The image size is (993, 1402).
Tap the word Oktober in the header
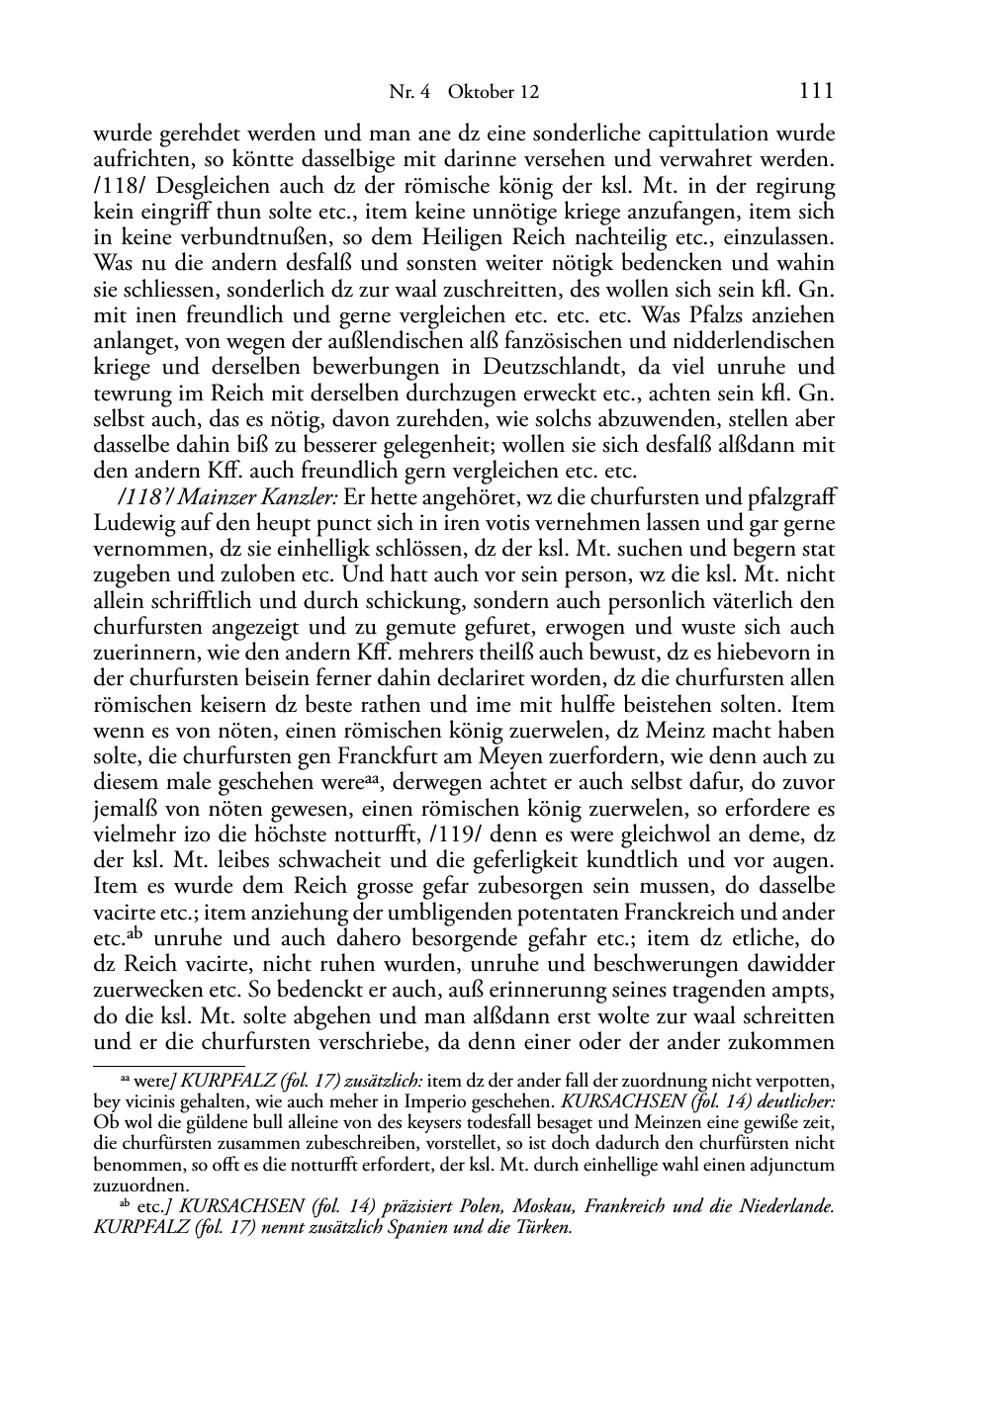coord(480,92)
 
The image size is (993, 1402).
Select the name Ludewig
coord(136,523)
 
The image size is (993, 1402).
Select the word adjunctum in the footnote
coord(790,1165)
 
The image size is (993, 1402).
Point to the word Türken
coord(543,1228)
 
